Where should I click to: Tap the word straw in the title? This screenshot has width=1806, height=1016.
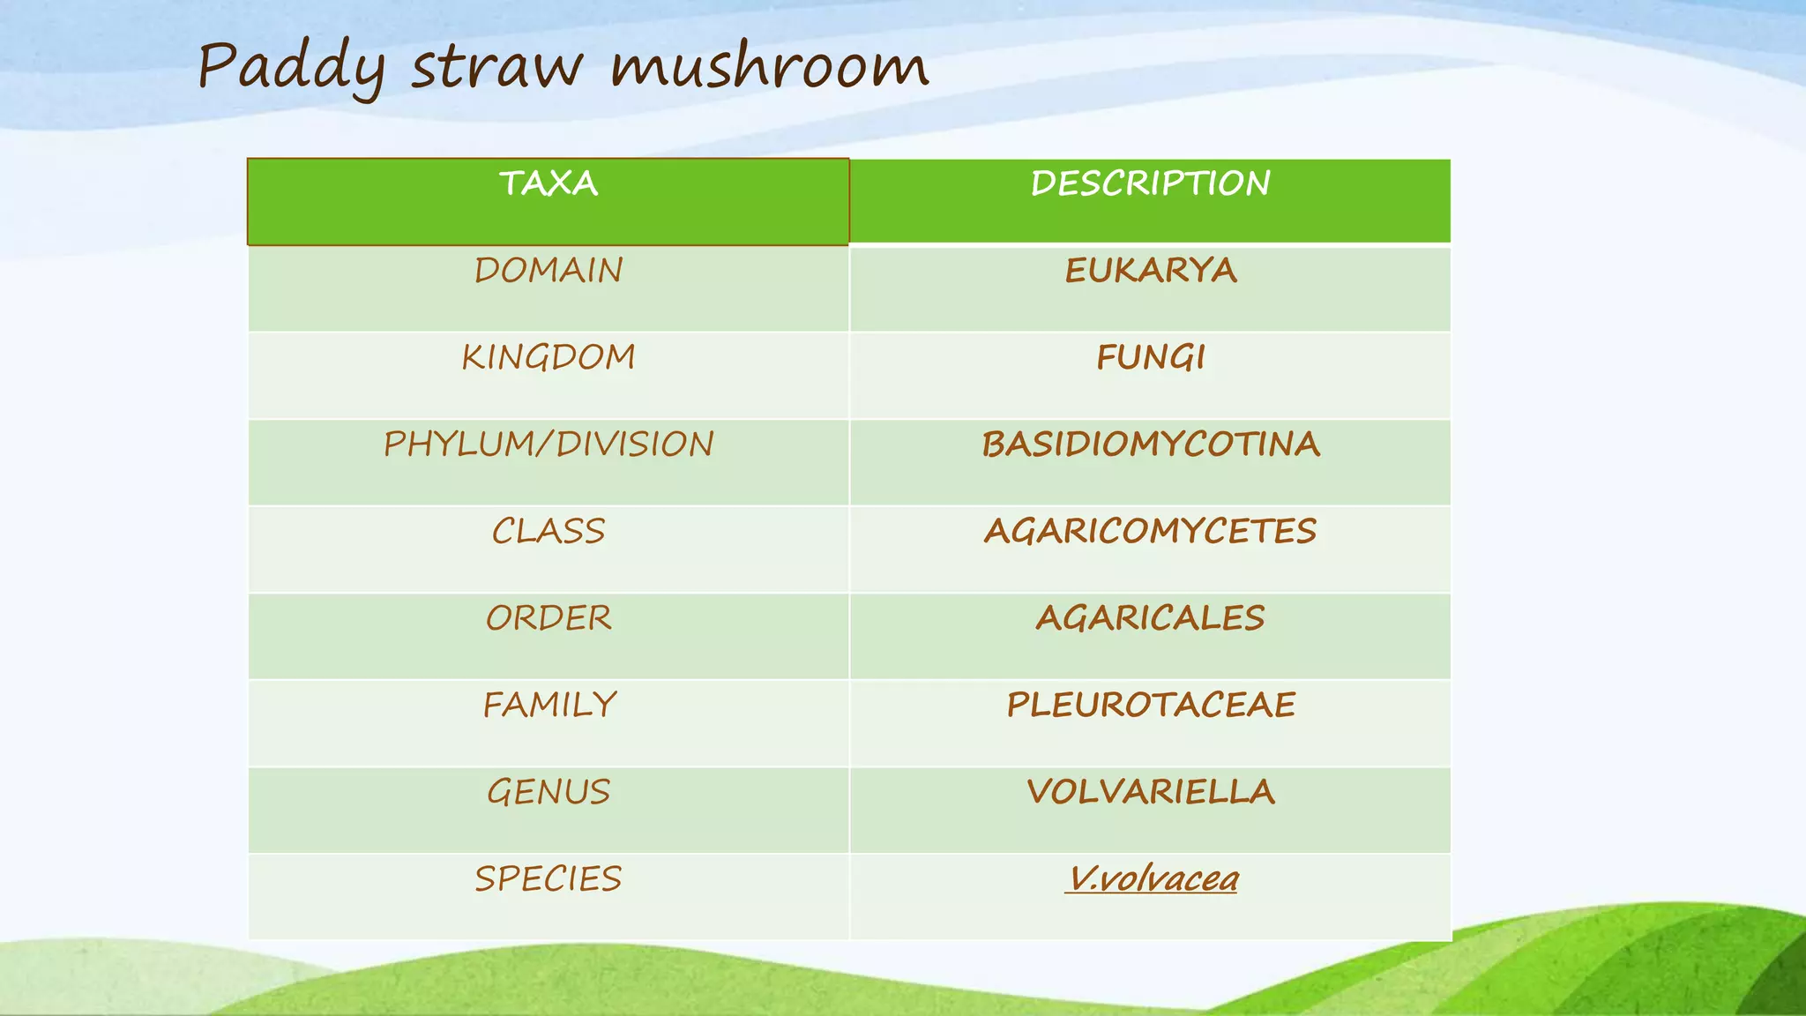coord(497,67)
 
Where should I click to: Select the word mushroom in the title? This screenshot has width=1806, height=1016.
coord(770,67)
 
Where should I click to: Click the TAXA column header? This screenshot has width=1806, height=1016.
coord(549,183)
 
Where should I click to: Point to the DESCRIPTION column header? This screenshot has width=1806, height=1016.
coord(1150,183)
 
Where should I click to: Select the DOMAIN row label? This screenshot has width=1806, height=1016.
coord(549,271)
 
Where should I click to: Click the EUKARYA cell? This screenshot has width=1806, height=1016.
coord(1150,271)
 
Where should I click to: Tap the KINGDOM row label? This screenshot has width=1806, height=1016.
coord(549,357)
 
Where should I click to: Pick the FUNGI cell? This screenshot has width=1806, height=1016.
coord(1150,357)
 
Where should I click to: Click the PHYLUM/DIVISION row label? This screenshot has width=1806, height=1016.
coord(549,444)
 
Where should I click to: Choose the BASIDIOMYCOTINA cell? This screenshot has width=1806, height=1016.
coord(1150,444)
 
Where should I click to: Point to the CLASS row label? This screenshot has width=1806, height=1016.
coord(549,531)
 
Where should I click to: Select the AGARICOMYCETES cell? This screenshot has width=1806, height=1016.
coord(1150,531)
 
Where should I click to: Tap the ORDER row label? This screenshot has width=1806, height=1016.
coord(549,618)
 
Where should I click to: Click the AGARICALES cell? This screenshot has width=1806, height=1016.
coord(1150,618)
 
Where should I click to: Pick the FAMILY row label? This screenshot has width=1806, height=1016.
coord(549,705)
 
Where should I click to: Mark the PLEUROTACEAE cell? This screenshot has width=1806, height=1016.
coord(1150,705)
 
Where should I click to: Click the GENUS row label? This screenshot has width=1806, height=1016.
coord(549,792)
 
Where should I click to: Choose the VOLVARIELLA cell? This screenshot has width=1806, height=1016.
coord(1150,792)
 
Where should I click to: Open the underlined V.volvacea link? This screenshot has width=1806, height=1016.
coord(1151,878)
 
